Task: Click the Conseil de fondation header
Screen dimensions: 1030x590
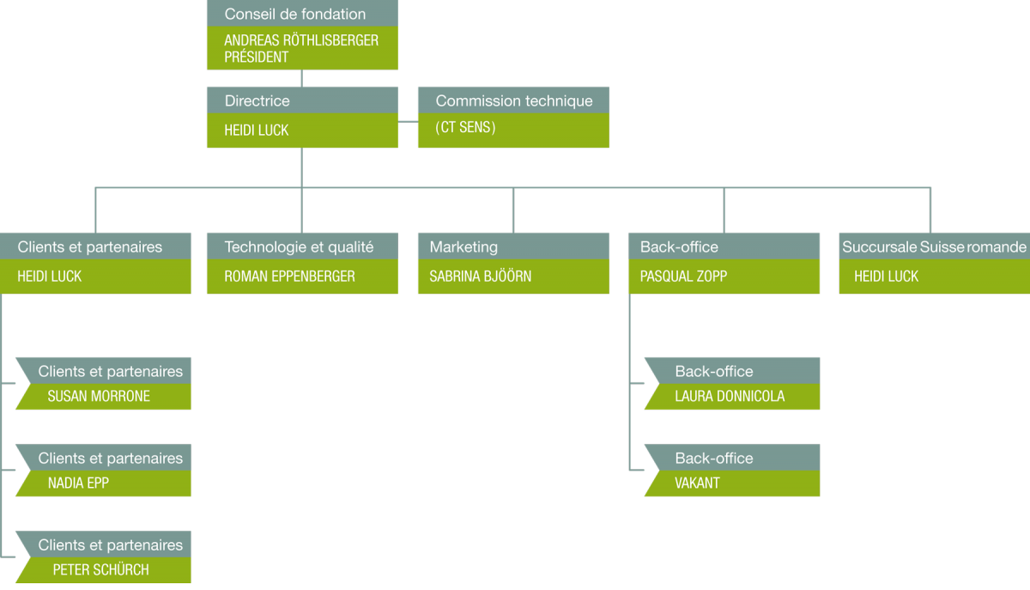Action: pos(294,15)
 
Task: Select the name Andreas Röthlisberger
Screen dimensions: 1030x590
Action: pos(301,40)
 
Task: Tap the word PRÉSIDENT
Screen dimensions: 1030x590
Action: pos(256,57)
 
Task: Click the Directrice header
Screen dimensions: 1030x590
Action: pos(257,100)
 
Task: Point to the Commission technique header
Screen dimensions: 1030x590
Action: pos(514,100)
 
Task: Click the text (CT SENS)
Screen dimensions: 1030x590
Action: pos(465,127)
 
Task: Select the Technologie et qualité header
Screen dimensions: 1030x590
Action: pos(299,247)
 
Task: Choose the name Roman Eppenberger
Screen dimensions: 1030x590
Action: pos(290,277)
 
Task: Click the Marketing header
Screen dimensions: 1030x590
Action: pos(463,247)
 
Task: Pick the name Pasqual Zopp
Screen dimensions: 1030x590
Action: pos(684,277)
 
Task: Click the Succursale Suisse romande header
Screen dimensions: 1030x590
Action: pos(934,247)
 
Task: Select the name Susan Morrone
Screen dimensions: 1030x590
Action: pos(99,396)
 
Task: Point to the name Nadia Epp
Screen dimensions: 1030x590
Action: pos(79,483)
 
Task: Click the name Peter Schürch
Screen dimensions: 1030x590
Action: pos(101,569)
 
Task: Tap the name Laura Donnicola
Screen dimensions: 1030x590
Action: pos(730,396)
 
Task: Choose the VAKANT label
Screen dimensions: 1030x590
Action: pos(697,483)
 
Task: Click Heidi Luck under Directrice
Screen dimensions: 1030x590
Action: pos(257,131)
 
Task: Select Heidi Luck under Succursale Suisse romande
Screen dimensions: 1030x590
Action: pos(886,277)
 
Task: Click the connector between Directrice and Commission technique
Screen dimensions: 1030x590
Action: pos(408,121)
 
